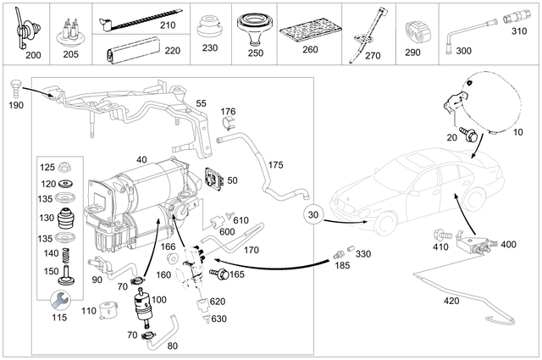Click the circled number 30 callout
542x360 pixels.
tap(313, 215)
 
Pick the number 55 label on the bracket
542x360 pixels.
tap(202, 102)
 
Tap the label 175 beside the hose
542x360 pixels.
tap(276, 163)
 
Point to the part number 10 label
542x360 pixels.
tap(518, 133)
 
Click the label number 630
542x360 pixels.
tap(218, 318)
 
